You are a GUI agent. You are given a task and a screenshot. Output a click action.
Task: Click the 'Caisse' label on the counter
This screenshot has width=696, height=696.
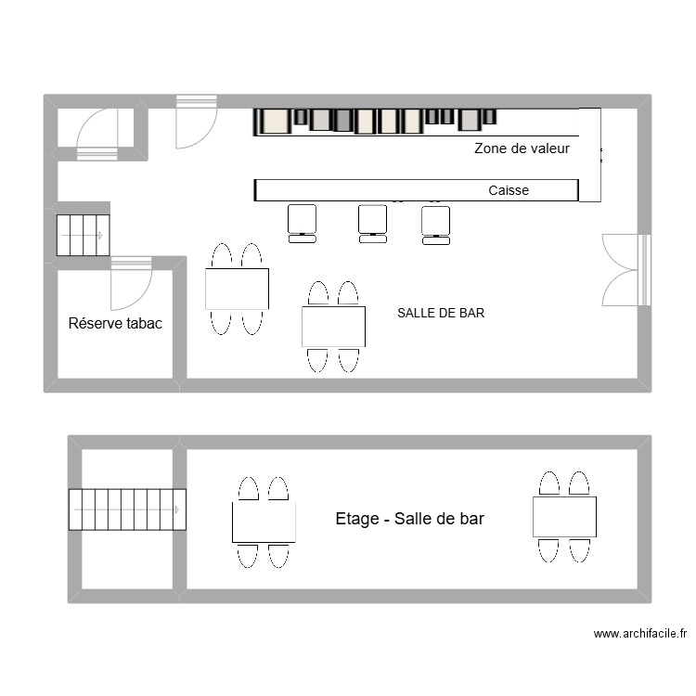coord(509,190)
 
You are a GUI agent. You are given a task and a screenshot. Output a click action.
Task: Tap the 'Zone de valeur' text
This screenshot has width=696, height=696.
coord(522,148)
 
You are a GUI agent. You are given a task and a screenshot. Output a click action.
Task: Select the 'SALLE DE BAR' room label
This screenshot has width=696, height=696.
coord(441,313)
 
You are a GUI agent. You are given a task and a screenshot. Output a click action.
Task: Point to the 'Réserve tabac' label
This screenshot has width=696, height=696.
coord(115,323)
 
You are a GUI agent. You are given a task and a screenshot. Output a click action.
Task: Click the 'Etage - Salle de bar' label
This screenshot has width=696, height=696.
coord(409,519)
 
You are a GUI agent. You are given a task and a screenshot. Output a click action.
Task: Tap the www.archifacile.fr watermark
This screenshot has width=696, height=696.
coord(640,634)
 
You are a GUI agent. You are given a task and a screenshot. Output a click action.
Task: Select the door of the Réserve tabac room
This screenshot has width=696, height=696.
coord(131,283)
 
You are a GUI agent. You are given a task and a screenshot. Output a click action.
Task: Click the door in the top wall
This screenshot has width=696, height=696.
coord(196,122)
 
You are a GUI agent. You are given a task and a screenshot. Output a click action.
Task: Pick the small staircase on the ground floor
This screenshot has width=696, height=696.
coord(83,236)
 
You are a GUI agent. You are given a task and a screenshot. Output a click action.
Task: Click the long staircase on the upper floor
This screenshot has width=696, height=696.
coord(127,509)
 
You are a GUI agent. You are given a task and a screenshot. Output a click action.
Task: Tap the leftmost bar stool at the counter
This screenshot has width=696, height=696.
coord(303,224)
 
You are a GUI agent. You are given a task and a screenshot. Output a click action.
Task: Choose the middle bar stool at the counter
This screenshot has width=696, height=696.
coord(372,224)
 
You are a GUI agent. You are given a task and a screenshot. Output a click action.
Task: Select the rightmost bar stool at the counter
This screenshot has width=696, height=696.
coord(436,226)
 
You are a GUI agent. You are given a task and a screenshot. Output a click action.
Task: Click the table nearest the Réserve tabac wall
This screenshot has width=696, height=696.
coord(237,289)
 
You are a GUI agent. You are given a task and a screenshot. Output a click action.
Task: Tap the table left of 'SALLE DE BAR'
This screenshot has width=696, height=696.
coord(333,327)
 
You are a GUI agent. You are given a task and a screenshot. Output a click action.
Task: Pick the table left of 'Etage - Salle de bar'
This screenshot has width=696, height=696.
coord(264,522)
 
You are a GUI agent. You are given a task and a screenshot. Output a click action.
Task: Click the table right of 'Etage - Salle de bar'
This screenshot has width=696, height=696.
coord(564,517)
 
